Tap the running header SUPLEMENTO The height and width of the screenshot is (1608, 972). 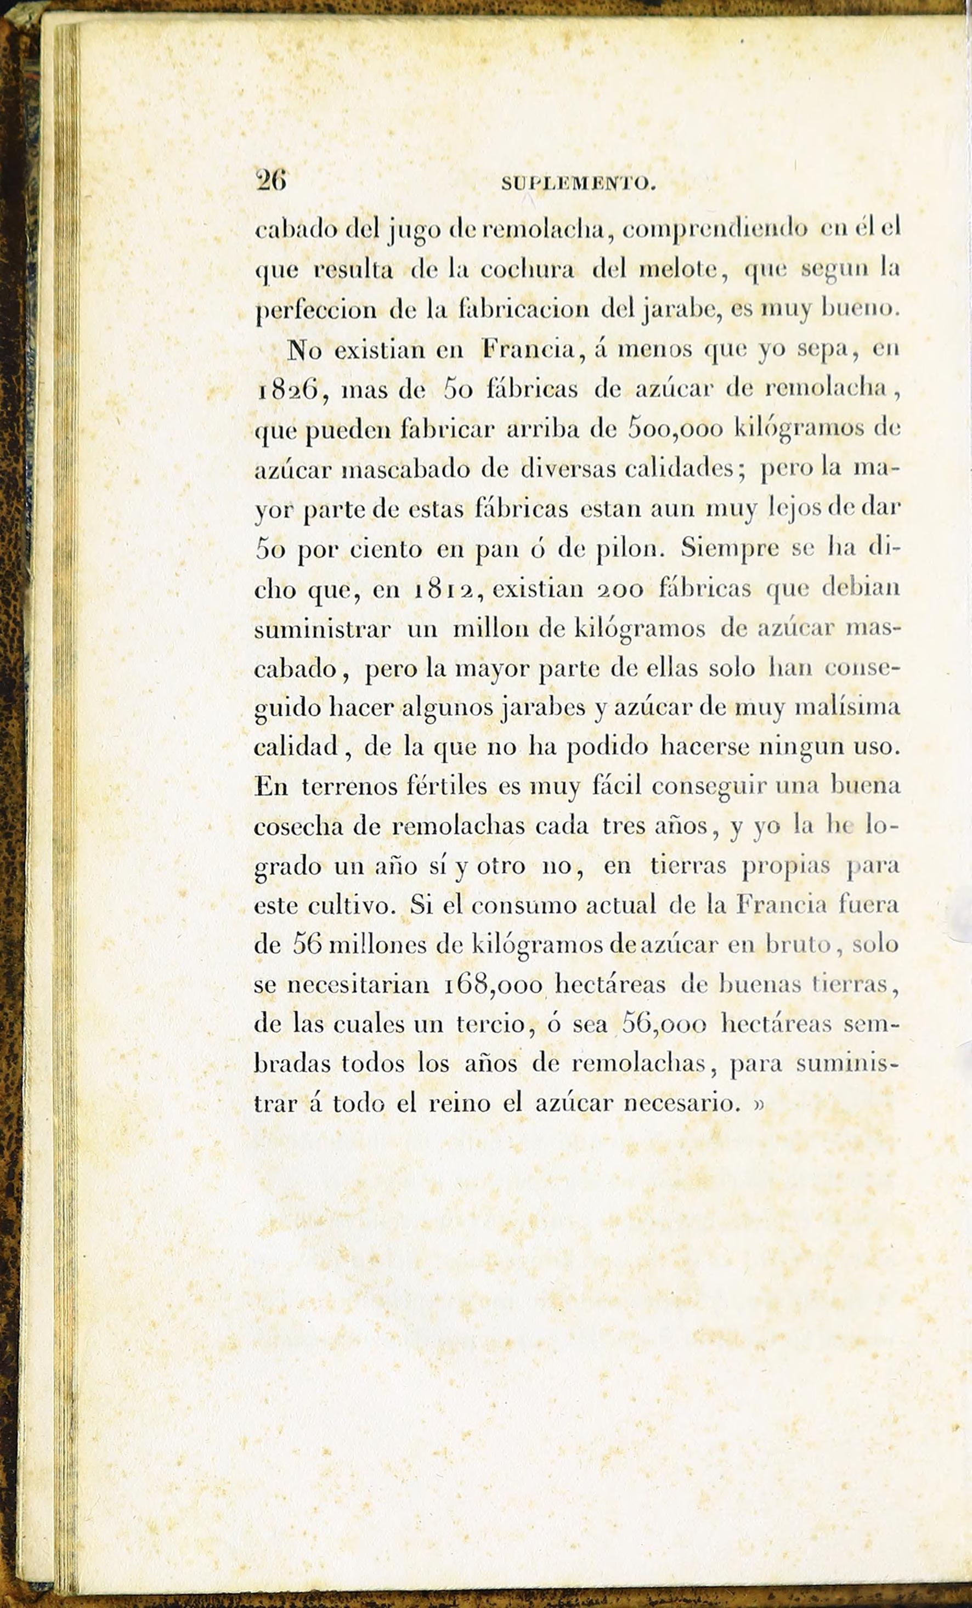click(578, 185)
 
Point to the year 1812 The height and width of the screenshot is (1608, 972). click(446, 590)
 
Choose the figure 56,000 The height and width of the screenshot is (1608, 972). click(664, 1023)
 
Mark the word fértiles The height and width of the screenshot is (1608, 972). click(447, 786)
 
